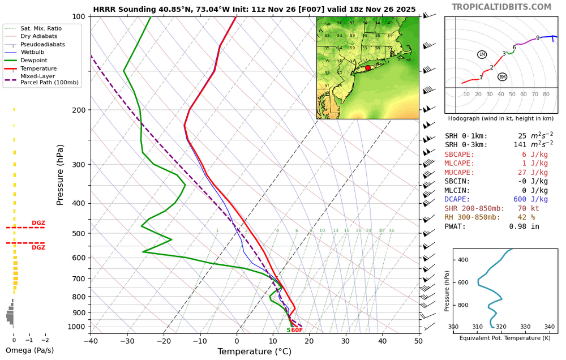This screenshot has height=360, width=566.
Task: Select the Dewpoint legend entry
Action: pos(33,60)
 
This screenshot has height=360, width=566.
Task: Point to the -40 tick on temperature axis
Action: pos(91,341)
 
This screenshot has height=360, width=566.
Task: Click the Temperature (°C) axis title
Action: pos(254,352)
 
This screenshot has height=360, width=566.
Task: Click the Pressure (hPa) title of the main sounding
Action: pos(61,175)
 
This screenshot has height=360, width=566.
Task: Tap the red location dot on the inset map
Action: pos(368,68)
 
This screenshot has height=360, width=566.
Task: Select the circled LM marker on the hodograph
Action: pos(482,54)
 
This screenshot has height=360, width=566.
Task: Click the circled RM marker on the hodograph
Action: pos(503,77)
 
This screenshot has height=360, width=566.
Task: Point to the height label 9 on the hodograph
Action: pos(538,38)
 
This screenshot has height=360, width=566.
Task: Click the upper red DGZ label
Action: pos(38,223)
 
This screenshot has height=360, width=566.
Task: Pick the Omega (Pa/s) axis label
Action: pos(29,350)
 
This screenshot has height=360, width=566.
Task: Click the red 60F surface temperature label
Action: pos(297,330)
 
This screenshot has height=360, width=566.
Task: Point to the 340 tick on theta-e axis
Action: pos(549,327)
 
